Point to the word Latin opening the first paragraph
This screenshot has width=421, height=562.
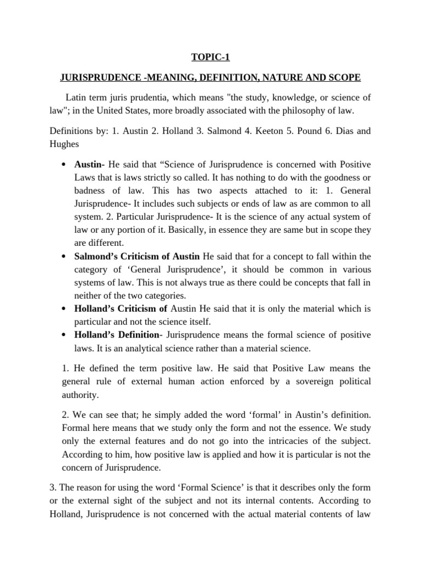[x=76, y=98]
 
